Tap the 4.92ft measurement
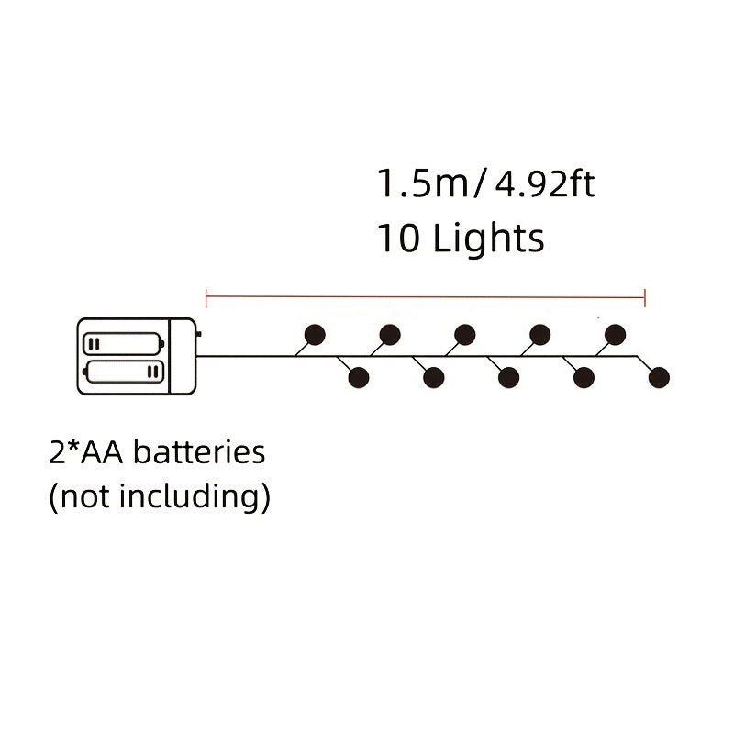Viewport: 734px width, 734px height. point(544,183)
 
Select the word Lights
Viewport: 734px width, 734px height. point(488,239)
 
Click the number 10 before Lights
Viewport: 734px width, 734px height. point(398,239)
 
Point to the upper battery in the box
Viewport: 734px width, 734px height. point(123,343)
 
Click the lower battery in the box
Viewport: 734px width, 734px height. point(123,372)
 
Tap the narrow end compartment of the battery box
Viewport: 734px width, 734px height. point(183,356)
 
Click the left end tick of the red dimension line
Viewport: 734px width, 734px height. point(206,298)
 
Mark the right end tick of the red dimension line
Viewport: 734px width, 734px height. point(645,298)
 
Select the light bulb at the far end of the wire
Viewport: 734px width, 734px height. point(659,377)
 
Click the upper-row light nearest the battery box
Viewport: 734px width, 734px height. point(315,335)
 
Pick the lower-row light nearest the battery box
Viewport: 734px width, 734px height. point(359,377)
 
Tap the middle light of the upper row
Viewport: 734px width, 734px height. point(465,335)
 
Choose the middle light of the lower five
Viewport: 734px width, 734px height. point(509,377)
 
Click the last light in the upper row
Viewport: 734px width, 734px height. point(615,335)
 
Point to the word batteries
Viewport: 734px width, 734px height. point(199,452)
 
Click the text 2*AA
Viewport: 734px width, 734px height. point(85,452)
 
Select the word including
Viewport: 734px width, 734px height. point(189,496)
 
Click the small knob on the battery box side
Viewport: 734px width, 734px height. point(199,334)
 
